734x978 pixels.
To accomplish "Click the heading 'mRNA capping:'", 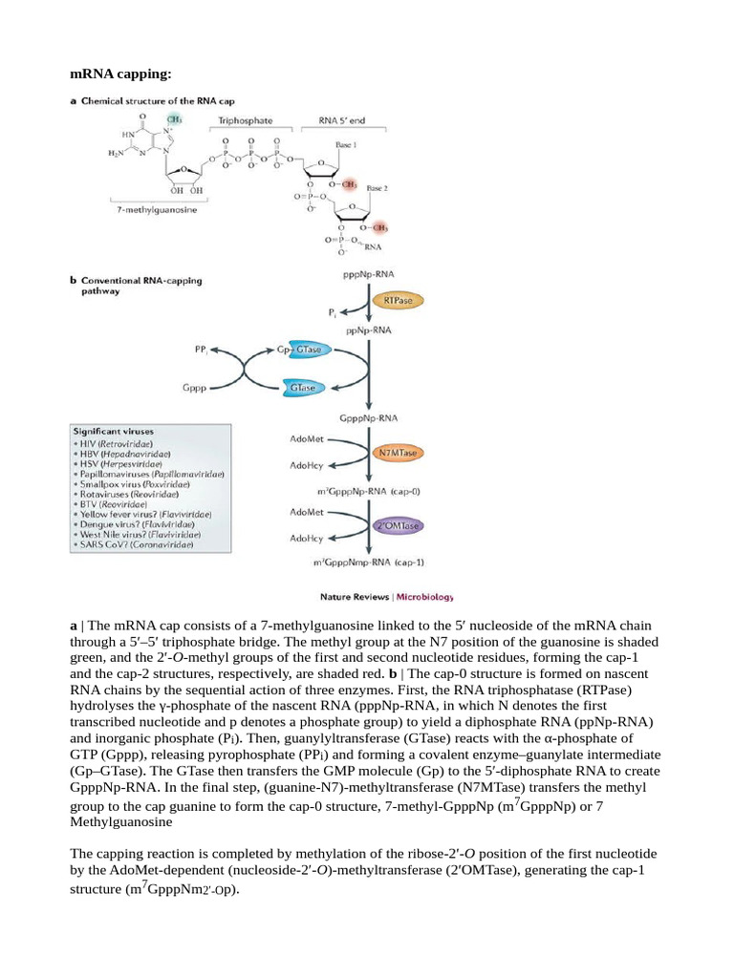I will click(x=119, y=74).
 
